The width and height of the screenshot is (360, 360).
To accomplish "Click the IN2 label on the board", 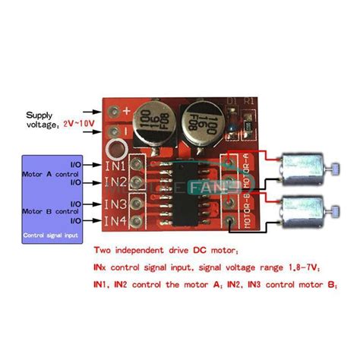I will (x=116, y=182).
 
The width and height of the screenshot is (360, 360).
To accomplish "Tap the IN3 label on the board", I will (x=116, y=204).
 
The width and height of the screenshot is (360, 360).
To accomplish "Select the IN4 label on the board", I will (x=116, y=221).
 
